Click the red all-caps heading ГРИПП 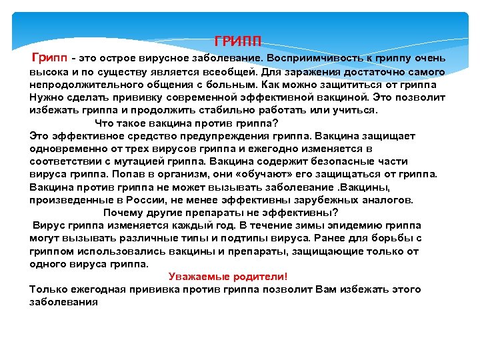click(238, 39)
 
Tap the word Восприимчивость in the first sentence click(313, 59)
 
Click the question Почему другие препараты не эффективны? click(221, 213)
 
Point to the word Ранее click(329, 238)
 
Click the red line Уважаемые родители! click(228, 277)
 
